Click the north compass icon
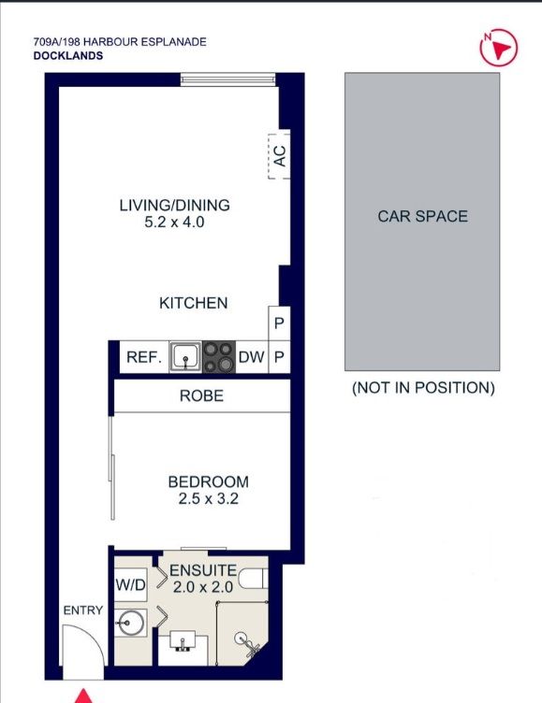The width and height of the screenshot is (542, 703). (x=498, y=48)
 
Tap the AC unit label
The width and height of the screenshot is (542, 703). (x=279, y=155)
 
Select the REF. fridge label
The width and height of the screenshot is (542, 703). (x=144, y=357)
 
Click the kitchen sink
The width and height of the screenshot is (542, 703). (x=185, y=357)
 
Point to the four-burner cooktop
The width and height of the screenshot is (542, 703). (x=219, y=357)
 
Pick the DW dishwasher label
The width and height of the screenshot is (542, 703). (x=252, y=357)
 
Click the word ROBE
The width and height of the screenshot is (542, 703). (x=201, y=395)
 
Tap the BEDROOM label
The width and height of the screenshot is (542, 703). (x=209, y=482)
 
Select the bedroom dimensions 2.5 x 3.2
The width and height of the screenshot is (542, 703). (x=209, y=498)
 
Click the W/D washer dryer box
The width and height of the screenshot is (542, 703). (x=131, y=584)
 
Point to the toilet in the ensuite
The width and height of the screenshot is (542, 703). (x=253, y=579)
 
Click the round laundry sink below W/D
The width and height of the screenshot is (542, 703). (x=129, y=623)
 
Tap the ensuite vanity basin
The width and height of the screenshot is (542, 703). (x=183, y=640)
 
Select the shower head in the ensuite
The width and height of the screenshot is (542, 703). (x=246, y=641)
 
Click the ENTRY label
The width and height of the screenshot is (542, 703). (x=83, y=610)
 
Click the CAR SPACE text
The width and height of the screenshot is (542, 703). (x=422, y=217)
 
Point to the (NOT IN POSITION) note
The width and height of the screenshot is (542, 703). (x=423, y=388)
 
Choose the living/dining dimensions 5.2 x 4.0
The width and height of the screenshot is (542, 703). (x=174, y=222)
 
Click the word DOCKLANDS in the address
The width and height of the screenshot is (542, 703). (x=68, y=55)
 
